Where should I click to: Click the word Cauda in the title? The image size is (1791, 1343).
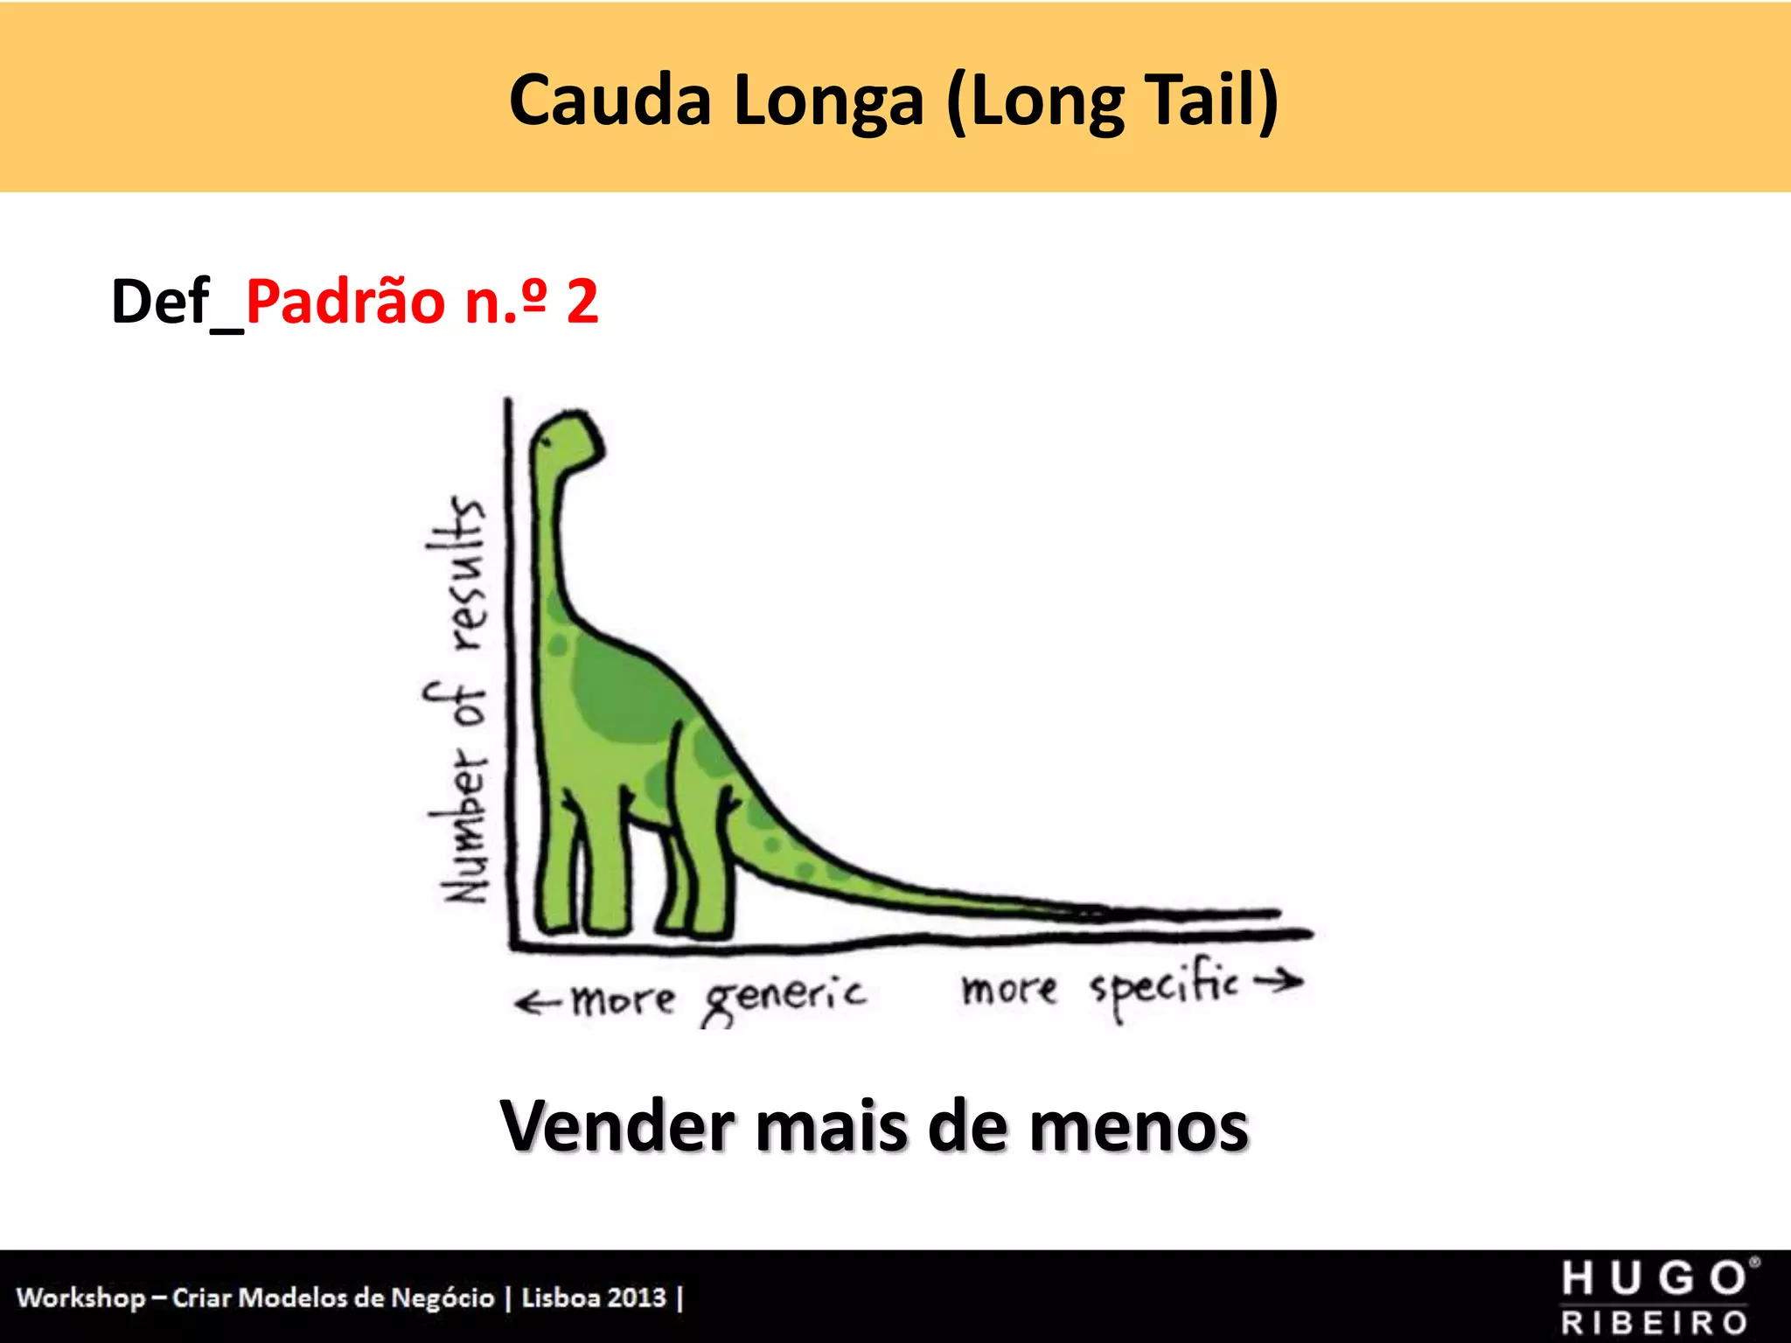tap(610, 101)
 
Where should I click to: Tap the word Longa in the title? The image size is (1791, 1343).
tap(828, 102)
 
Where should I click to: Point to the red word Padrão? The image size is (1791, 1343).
tap(346, 301)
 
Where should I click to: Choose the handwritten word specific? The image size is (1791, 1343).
tap(1164, 988)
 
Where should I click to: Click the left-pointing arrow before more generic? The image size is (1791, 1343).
tap(538, 1003)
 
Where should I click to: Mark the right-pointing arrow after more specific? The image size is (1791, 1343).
tap(1278, 982)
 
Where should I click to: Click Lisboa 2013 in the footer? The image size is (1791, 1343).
tap(594, 1298)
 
